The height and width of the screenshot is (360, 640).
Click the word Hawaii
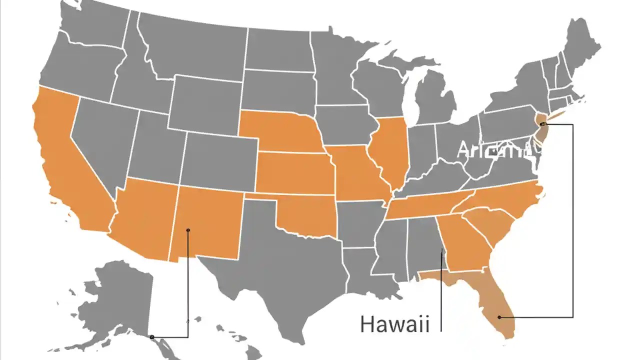394,324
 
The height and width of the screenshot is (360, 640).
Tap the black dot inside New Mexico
188,230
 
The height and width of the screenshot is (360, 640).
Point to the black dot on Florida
499,317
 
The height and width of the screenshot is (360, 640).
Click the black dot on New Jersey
542,123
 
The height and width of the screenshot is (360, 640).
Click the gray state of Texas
285,265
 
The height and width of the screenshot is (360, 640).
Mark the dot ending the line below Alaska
152,337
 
